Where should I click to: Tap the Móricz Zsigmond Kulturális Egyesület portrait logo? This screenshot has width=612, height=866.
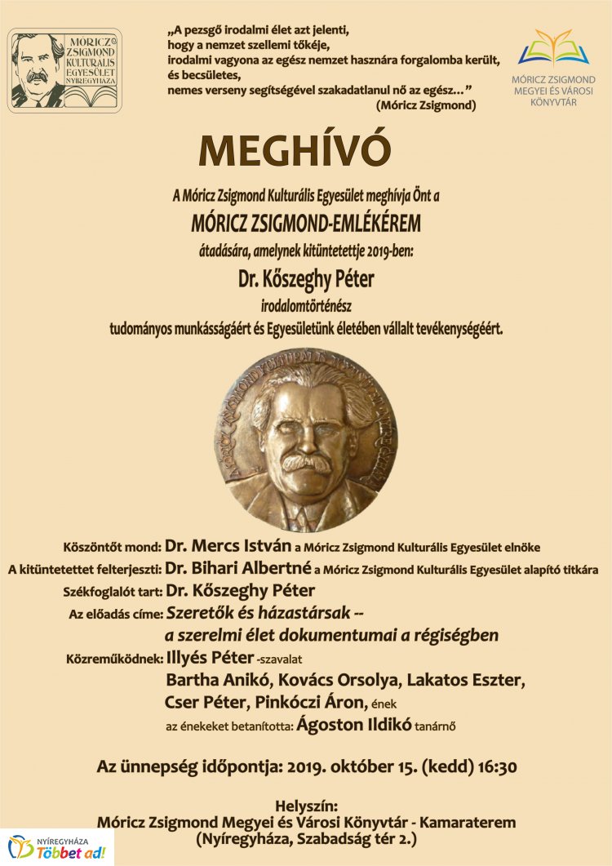click(x=64, y=70)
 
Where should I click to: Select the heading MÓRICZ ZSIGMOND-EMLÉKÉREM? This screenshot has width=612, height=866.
click(x=306, y=223)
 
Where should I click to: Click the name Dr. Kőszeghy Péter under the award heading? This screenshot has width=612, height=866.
click(x=306, y=280)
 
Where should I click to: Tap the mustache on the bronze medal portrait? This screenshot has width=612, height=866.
click(x=308, y=464)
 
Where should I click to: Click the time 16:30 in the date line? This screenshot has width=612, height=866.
click(x=493, y=767)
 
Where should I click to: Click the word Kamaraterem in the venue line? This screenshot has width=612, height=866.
click(x=466, y=822)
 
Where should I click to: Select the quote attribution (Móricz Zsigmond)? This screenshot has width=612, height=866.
click(x=426, y=106)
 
